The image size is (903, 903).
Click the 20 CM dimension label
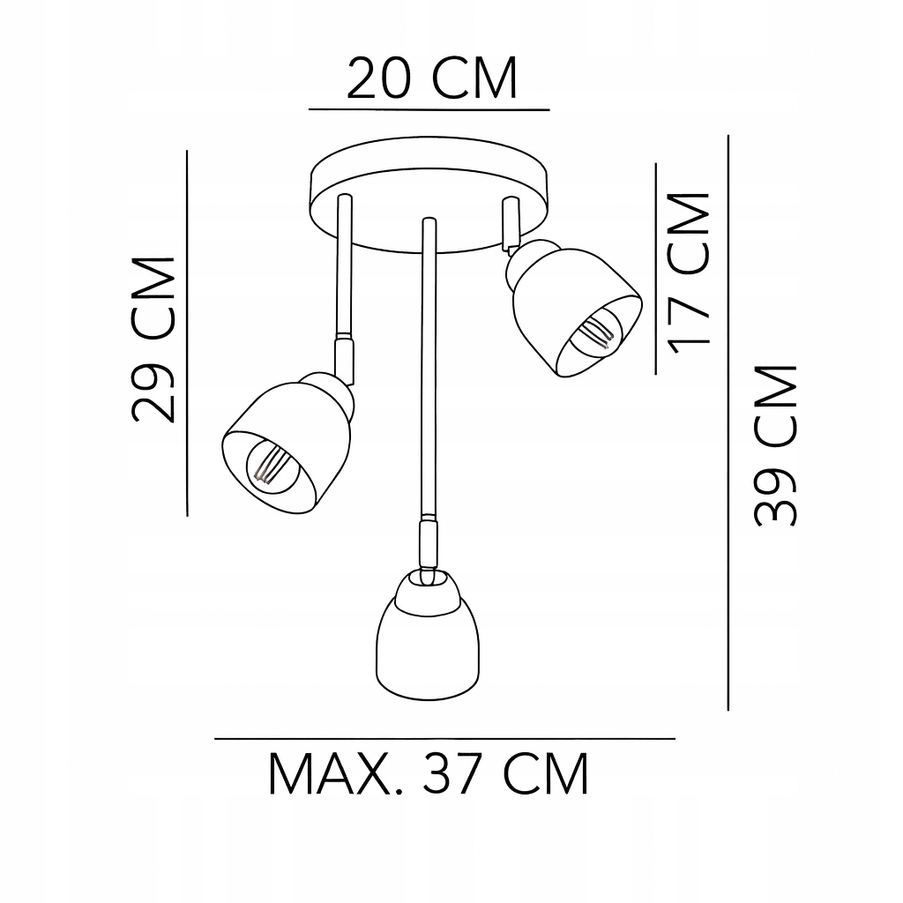coord(431,78)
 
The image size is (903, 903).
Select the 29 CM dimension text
coord(153,340)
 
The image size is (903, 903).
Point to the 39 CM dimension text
coord(775,445)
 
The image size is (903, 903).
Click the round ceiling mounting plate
coord(429,194)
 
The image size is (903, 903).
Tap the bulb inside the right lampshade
coord(593,332)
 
